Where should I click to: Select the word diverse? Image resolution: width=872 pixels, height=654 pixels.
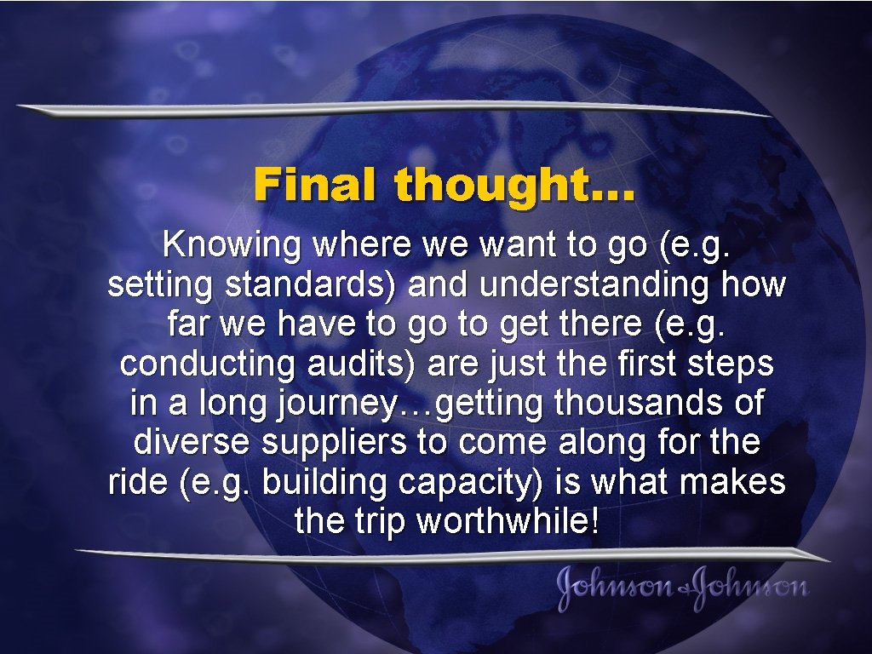192,442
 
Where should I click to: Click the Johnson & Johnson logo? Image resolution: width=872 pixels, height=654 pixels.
682,588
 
